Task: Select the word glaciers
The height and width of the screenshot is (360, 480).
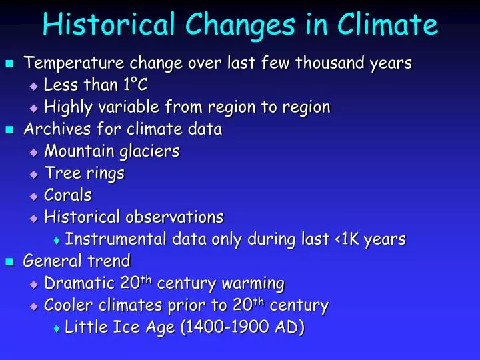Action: [x=150, y=151]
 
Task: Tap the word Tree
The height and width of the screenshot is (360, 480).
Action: [x=59, y=173]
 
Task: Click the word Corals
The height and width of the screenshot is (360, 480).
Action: [x=68, y=195]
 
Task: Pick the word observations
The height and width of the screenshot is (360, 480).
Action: [x=175, y=217]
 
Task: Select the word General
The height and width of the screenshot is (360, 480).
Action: [x=51, y=260]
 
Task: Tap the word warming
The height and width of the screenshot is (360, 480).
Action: [x=253, y=283]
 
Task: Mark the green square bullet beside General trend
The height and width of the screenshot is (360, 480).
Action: [x=9, y=261]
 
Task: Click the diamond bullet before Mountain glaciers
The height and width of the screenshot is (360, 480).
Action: [x=35, y=152]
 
